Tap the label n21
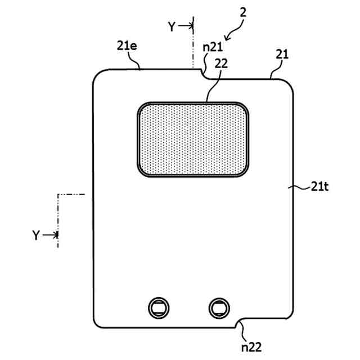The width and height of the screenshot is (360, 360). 212,48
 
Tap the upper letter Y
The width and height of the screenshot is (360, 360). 173,26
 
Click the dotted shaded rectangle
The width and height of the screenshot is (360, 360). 193,139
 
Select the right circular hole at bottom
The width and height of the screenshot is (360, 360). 218,307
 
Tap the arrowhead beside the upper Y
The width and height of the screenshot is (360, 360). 190,26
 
